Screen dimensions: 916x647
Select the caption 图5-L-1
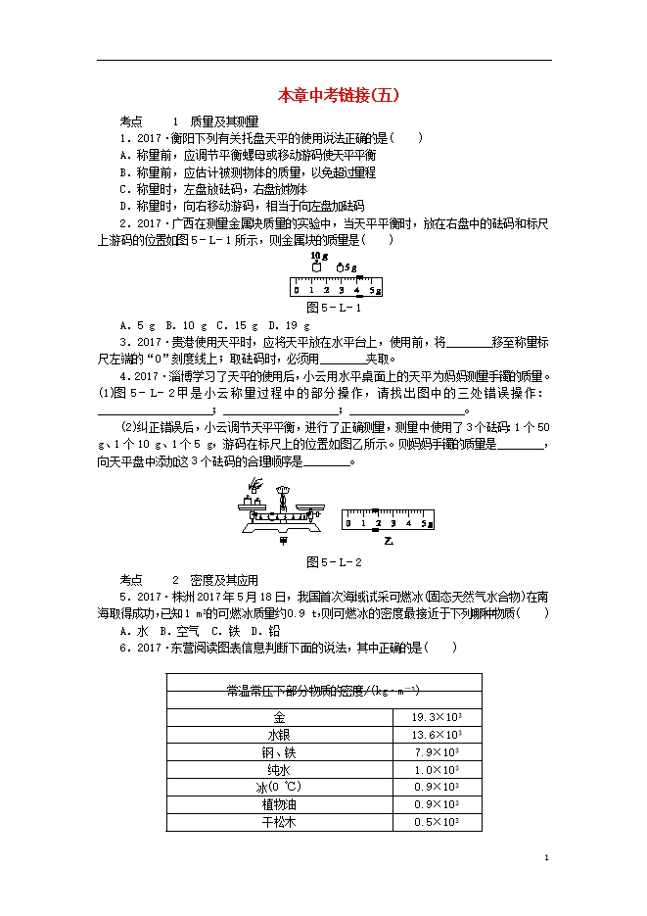pyautogui.click(x=335, y=309)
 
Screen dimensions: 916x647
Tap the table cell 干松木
pyautogui.click(x=279, y=822)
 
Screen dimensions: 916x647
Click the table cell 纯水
pyautogui.click(x=279, y=769)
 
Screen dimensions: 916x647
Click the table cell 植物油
pyautogui.click(x=279, y=804)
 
